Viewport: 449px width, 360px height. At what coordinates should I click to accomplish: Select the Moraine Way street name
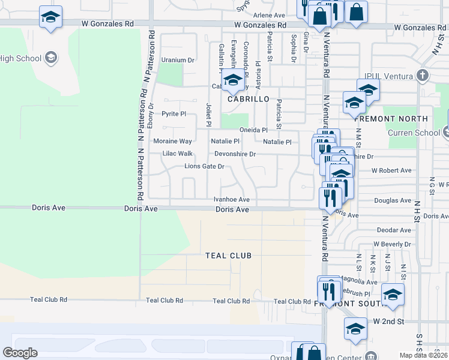(x=172, y=142)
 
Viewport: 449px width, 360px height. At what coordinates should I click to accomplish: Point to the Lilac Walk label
(x=178, y=154)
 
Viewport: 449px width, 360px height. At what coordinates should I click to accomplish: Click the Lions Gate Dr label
(x=204, y=166)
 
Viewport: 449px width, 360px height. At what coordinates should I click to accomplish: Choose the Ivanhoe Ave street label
(x=231, y=199)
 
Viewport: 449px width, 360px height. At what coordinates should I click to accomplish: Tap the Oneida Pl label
(x=253, y=130)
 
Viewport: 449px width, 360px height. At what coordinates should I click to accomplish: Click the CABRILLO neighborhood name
(x=247, y=99)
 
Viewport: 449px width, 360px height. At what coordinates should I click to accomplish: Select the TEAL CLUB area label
(x=228, y=256)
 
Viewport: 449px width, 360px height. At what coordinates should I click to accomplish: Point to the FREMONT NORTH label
(x=399, y=119)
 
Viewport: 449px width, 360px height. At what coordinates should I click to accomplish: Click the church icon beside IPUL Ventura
(x=423, y=75)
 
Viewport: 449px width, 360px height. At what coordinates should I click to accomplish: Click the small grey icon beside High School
(x=51, y=58)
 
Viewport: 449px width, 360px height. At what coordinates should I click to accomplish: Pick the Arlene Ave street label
(x=269, y=15)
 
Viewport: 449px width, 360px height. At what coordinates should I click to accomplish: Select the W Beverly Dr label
(x=392, y=244)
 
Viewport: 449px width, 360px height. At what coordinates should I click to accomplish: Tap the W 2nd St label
(x=389, y=322)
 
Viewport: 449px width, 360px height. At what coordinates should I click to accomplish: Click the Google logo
(x=20, y=353)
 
